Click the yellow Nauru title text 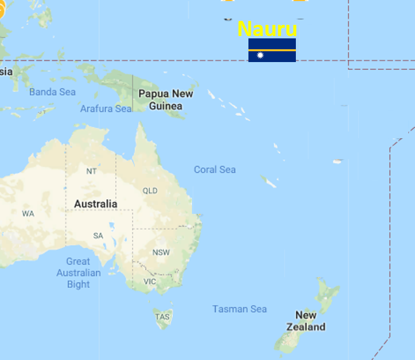pos(267,29)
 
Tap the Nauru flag pos(272,50)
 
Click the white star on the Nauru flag pos(260,55)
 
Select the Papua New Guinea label pos(165,100)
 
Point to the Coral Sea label pos(215,169)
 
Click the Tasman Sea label pos(239,309)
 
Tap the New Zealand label pos(305,321)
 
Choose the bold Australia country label pos(95,204)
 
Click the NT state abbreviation pos(91,171)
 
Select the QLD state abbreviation pos(150,191)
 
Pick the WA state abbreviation pos(28,213)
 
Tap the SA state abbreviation pos(98,235)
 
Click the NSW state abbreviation pos(161,252)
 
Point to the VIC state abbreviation pos(150,281)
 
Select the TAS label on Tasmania pos(162,317)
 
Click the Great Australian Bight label pos(78,273)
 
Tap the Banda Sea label pos(53,92)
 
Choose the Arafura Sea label pos(106,108)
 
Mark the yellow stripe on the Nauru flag pos(272,50)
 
